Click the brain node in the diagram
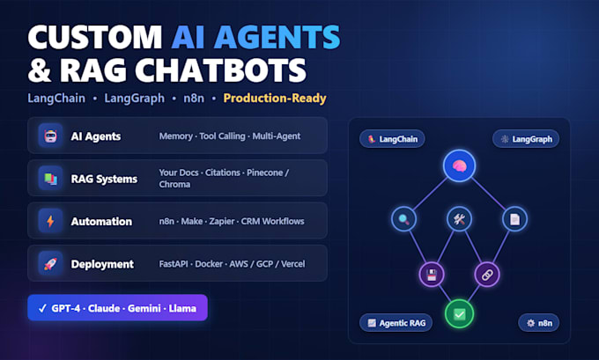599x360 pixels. click(459, 165)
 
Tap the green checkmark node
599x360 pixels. click(459, 314)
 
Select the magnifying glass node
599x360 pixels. click(403, 219)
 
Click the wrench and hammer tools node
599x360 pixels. click(459, 219)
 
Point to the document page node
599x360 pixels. click(514, 219)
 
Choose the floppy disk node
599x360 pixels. click(432, 274)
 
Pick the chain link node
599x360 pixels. click(487, 274)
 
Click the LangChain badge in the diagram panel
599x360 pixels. click(392, 139)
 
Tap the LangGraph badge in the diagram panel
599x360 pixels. click(526, 139)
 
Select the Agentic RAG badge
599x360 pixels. click(396, 323)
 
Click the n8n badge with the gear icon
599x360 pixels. click(538, 323)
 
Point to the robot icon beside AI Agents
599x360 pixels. click(50, 136)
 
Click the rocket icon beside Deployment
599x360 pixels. click(50, 264)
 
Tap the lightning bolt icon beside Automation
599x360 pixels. click(50, 221)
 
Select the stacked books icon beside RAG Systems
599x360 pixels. click(50, 179)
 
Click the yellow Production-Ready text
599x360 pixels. click(275, 98)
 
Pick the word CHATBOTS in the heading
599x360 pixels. click(221, 70)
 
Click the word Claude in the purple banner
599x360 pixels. click(104, 308)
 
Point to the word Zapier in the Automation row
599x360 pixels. click(222, 222)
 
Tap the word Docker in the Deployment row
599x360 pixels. click(209, 264)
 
